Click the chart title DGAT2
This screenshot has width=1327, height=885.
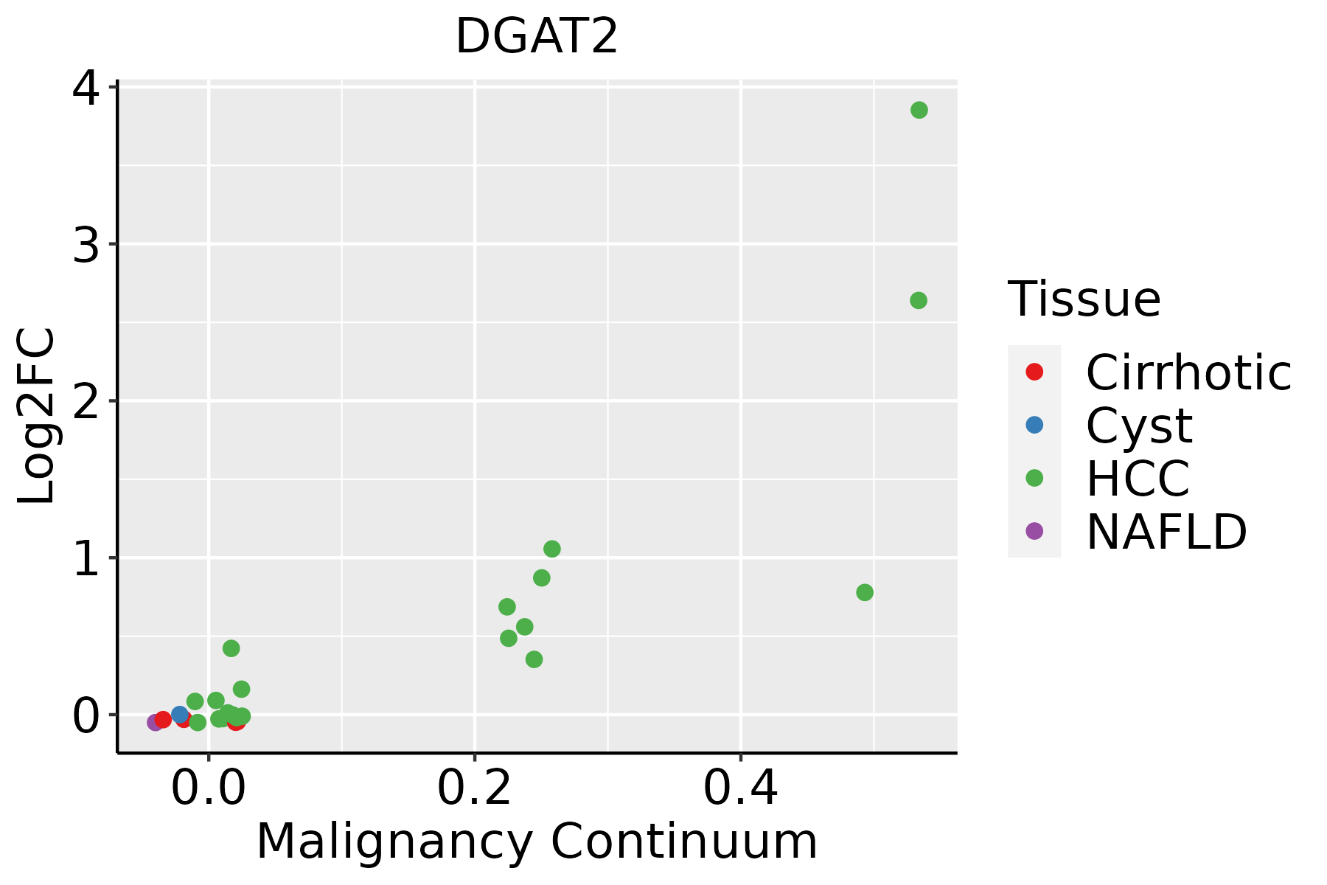[536, 36]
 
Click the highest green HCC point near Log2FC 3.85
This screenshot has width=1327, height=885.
[919, 110]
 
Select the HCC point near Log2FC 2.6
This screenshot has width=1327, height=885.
[918, 300]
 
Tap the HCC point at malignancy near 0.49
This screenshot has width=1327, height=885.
[865, 592]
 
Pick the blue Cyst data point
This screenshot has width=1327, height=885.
[180, 714]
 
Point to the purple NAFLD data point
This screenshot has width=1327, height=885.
[155, 722]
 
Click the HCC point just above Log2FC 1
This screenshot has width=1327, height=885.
[551, 549]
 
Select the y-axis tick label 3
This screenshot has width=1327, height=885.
[86, 245]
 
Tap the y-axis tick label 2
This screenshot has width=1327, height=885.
[86, 402]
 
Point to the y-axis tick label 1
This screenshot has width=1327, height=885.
[86, 559]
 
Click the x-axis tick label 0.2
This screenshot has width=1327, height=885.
[475, 788]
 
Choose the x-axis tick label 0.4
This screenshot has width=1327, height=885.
[740, 788]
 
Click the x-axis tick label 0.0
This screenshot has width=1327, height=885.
[209, 788]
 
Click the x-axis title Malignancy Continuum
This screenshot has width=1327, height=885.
[537, 841]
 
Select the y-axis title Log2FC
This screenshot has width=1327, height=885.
[36, 416]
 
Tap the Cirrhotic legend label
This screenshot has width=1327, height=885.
[1188, 372]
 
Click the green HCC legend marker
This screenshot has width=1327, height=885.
[1034, 478]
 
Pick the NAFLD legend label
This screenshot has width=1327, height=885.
[1166, 531]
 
